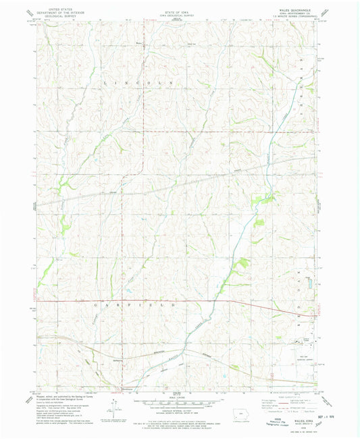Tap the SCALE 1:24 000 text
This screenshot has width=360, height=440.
pos(179,393)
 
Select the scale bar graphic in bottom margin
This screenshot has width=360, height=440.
pos(179,400)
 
